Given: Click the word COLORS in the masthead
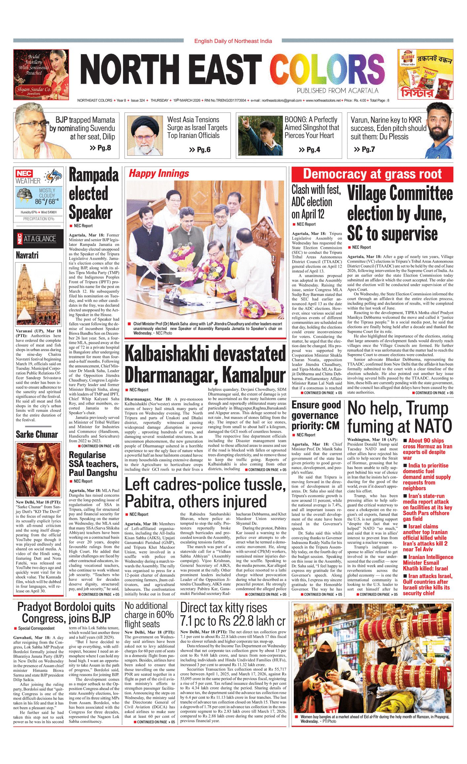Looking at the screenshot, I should pos(327,70).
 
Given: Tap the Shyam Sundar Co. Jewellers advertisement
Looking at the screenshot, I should pos(41,75).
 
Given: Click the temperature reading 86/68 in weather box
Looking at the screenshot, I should pos(47,201).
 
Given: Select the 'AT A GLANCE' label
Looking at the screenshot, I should pos(40,239).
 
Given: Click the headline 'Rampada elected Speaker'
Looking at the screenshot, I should pos(93,194).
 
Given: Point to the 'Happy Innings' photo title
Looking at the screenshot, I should pos(159,174).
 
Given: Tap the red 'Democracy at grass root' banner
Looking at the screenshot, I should pos(372,174).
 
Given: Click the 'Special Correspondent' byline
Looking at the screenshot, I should pos(36,628).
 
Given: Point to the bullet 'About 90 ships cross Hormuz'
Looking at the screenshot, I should pos(427,449).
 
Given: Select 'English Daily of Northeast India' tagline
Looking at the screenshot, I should pos(233,41).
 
